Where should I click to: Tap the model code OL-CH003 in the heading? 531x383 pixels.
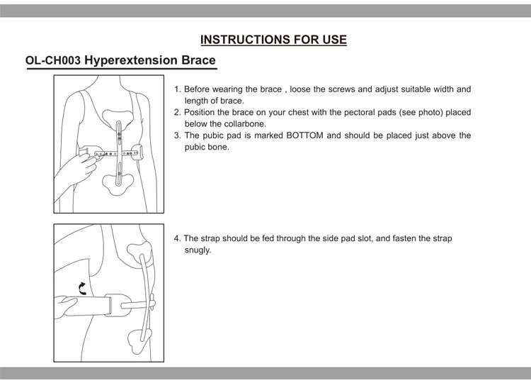53,60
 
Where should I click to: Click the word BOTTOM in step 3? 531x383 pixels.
304,135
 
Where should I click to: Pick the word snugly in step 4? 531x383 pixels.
198,250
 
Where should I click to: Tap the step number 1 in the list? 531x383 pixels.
177,89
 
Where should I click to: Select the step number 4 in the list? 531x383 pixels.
177,238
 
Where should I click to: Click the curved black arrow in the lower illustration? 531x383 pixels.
81,289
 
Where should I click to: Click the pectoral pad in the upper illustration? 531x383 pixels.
118,118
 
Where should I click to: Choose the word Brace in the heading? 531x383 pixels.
198,60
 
